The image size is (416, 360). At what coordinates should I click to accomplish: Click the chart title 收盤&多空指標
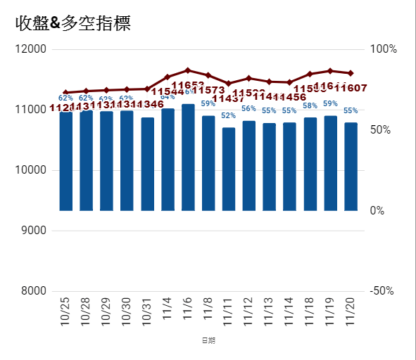73,22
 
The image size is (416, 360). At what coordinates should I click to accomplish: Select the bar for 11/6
188,157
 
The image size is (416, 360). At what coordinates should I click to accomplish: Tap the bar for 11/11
229,169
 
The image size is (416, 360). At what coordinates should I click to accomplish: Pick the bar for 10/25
65,162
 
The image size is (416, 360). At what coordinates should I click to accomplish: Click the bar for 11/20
351,167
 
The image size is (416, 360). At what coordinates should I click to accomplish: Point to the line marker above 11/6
188,70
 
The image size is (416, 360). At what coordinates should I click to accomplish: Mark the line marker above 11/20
351,73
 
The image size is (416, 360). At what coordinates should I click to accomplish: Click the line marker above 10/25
65,93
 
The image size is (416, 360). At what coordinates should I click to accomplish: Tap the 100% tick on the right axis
384,49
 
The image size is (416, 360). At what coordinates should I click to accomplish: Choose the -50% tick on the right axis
384,291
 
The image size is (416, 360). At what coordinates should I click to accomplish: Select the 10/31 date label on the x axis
147,309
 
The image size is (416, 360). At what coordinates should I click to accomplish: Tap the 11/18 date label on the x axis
310,309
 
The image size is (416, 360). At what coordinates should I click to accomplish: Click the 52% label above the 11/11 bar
229,116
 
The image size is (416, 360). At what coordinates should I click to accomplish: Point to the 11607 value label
351,88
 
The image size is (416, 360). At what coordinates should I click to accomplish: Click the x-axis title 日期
208,341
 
